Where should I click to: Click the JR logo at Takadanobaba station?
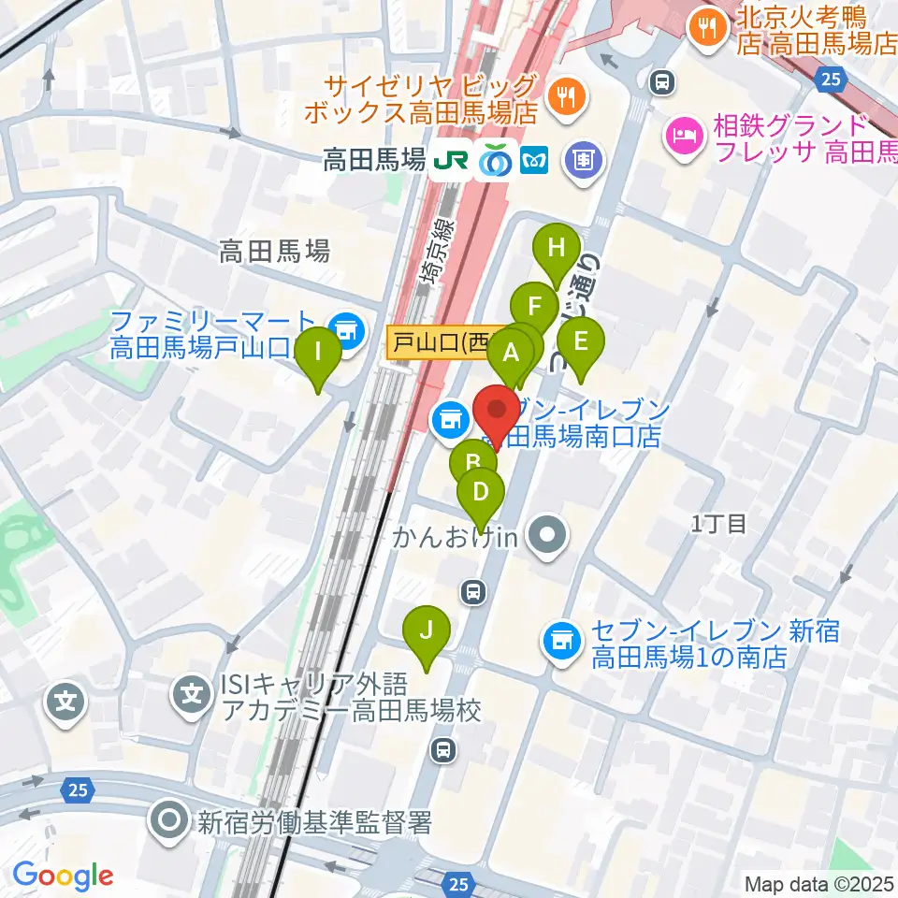pos(450,161)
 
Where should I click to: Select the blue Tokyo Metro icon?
pos(532,161)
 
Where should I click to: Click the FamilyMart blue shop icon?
pos(347,328)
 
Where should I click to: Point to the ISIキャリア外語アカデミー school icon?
pos(192,694)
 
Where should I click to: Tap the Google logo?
pos(63,876)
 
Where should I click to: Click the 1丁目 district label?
pos(718,524)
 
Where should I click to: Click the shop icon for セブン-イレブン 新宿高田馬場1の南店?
pos(560,641)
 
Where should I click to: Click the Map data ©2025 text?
pos(818,883)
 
